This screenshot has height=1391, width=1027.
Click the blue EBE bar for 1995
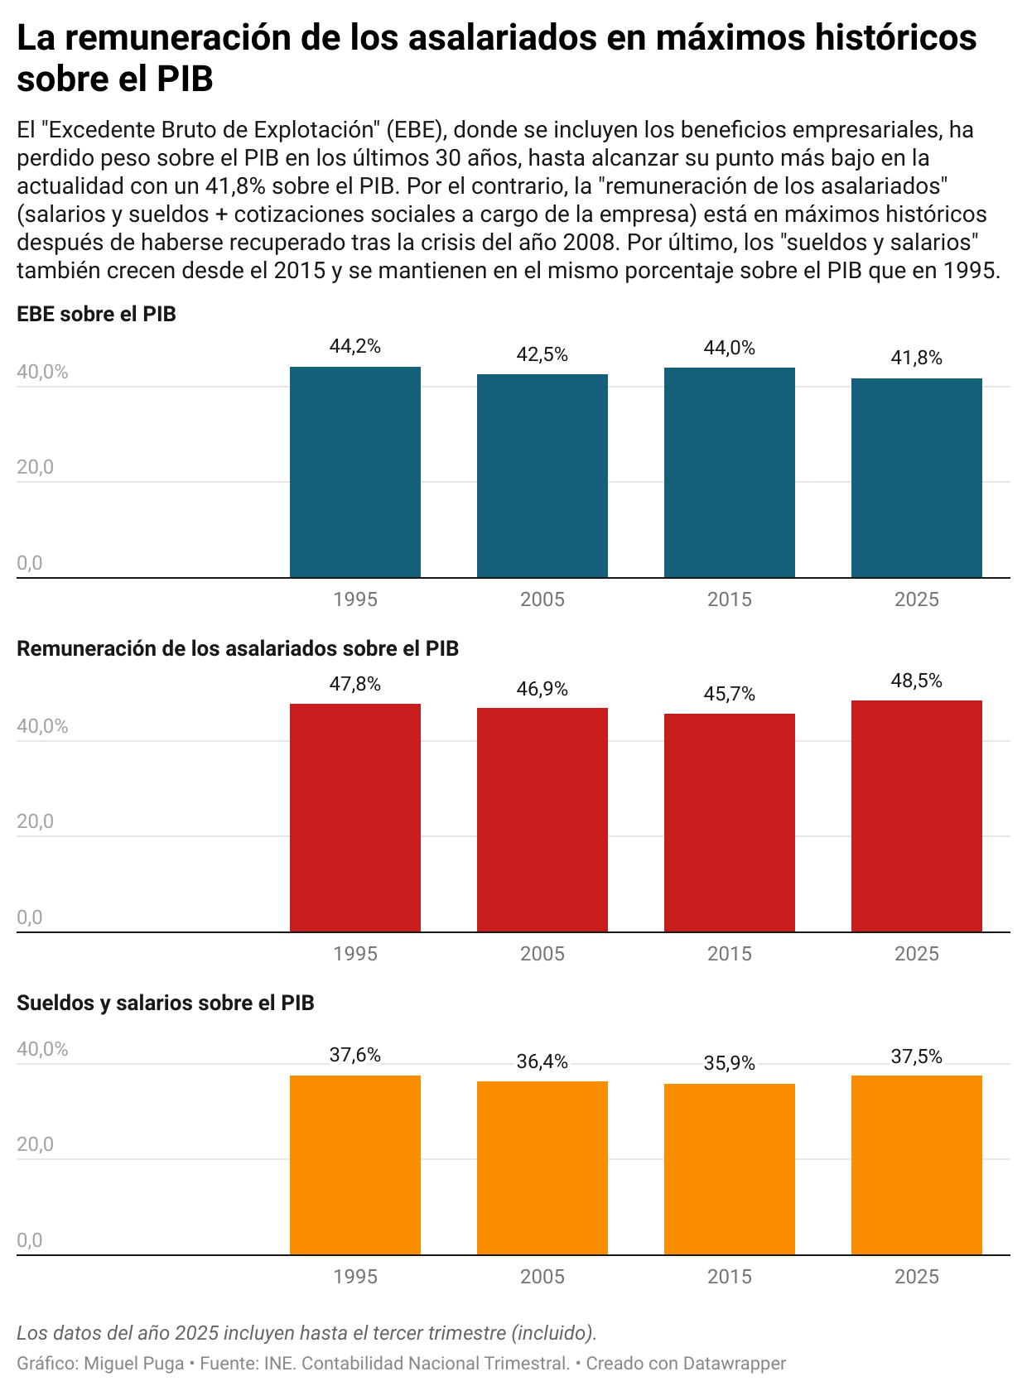(354, 472)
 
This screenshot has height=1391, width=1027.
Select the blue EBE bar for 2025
(916, 478)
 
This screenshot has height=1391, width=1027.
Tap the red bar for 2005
(542, 820)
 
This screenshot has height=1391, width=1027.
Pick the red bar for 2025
(916, 816)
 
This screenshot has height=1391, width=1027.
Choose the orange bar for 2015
(729, 1169)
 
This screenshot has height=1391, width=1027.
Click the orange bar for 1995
(354, 1165)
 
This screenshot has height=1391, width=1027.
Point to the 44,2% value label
(354, 347)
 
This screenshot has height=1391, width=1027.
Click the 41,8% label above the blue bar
(916, 358)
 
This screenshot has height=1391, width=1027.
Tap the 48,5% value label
(916, 681)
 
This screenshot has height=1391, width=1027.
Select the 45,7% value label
(729, 694)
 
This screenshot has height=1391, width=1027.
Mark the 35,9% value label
(729, 1063)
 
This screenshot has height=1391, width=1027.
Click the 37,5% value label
(916, 1056)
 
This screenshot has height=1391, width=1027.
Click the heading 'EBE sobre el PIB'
(96, 314)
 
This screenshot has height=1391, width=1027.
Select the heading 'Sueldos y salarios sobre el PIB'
(166, 1003)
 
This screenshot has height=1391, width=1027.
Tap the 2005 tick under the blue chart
(542, 599)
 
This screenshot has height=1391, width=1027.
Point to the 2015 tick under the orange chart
(729, 1277)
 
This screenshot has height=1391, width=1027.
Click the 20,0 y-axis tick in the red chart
(35, 821)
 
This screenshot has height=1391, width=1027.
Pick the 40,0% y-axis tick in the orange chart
(42, 1049)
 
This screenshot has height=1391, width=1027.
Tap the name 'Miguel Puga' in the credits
(134, 1363)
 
